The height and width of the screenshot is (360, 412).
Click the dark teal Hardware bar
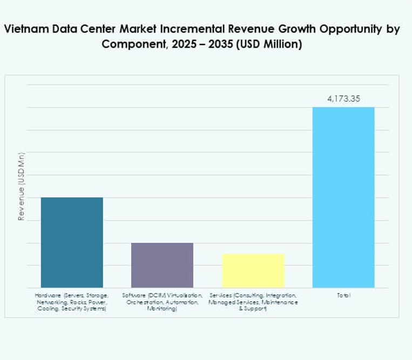[x=72, y=242]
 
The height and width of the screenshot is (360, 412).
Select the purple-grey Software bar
[x=162, y=265]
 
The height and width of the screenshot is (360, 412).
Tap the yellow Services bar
[x=253, y=270]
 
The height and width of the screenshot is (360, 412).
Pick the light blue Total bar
[x=343, y=197]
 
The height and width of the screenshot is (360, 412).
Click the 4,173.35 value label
[x=343, y=99]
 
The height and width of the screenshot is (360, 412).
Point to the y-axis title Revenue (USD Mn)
[x=22, y=186]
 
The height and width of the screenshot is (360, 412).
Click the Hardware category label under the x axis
[x=72, y=302]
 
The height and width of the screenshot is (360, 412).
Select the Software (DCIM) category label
[x=162, y=302]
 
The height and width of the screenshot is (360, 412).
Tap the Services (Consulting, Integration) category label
[x=253, y=302]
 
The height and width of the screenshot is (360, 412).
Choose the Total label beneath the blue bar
[x=343, y=296]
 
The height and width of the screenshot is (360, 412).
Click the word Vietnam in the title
[x=24, y=30]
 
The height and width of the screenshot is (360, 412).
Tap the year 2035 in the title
[x=216, y=45]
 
